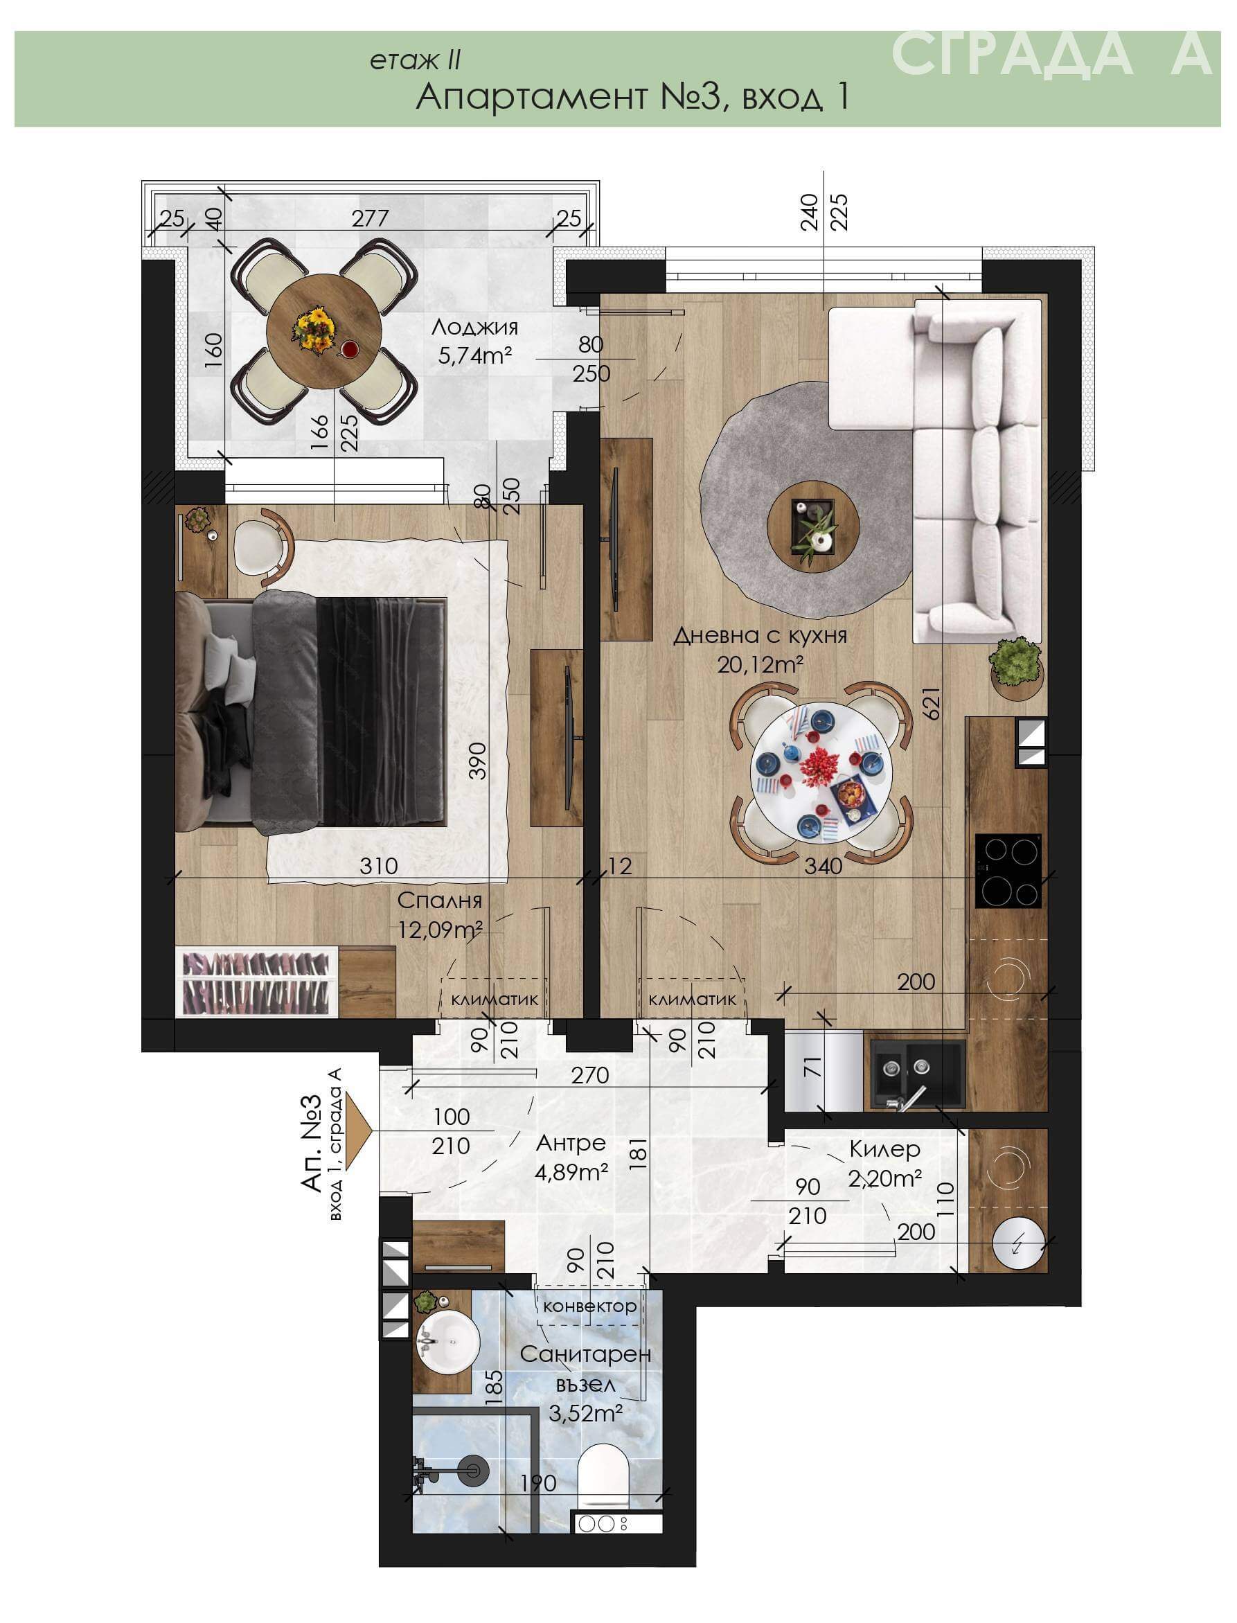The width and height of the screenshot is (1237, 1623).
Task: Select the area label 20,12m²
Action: point(760,665)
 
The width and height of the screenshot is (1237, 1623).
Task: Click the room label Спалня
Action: point(440,901)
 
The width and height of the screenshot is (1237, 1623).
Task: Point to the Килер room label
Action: point(884,1148)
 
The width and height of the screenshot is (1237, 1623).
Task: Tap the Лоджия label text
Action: point(475,327)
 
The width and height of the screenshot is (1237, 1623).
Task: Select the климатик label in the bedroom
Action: point(495,1000)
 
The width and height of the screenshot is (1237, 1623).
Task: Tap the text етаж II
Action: point(416,61)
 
